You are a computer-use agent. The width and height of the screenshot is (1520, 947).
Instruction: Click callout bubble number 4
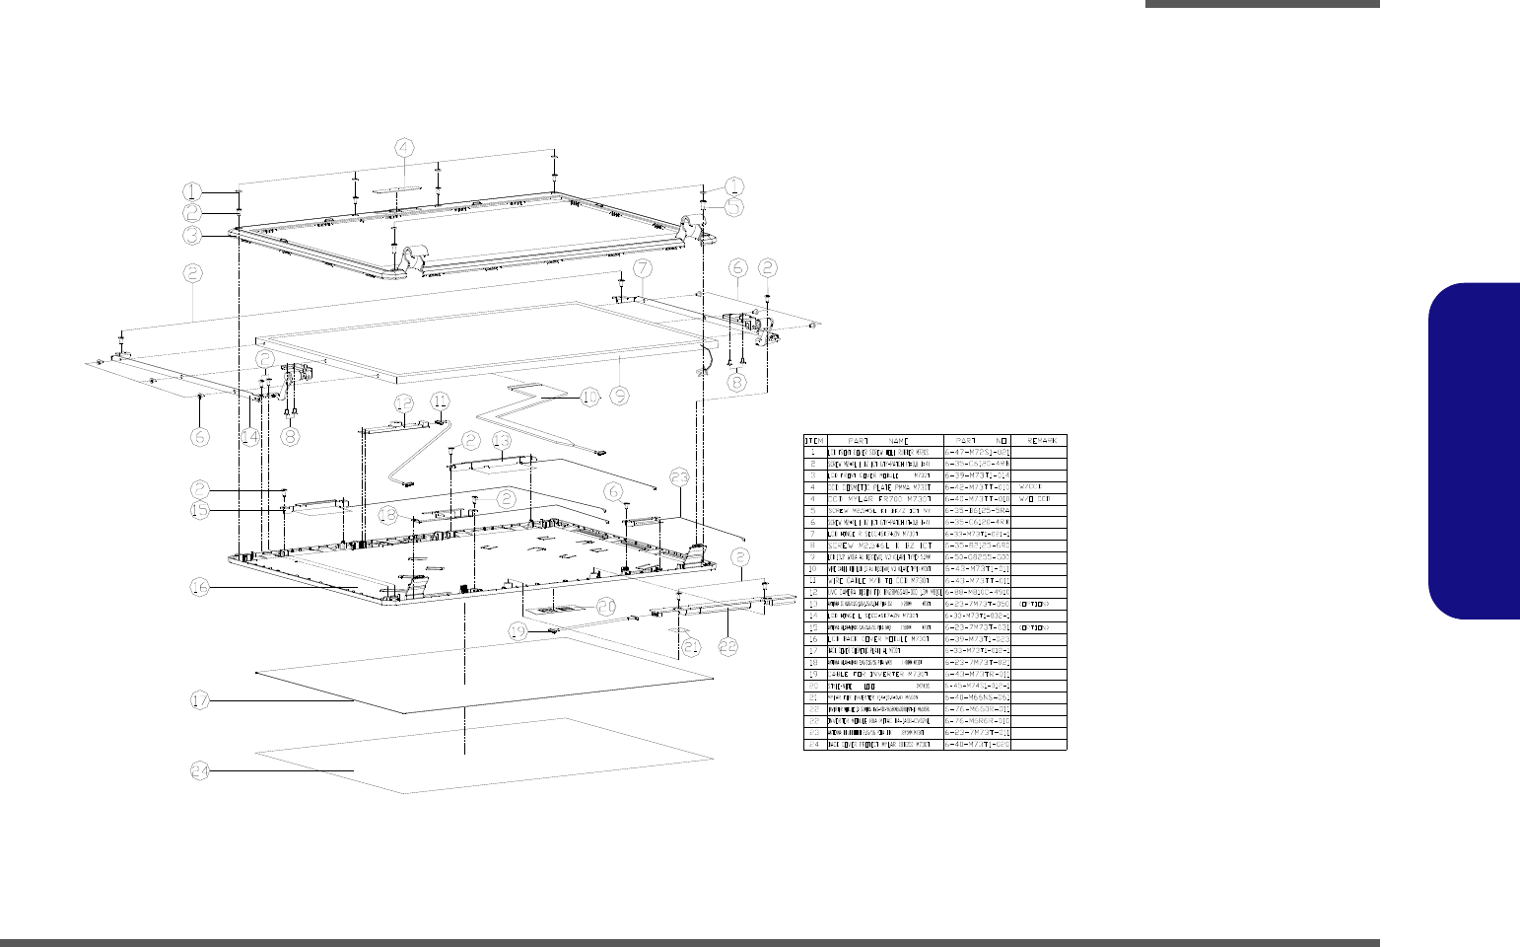pyautogui.click(x=405, y=148)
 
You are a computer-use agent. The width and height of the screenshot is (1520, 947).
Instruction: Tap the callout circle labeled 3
pyautogui.click(x=193, y=235)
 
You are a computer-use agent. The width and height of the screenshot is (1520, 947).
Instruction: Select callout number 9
pyautogui.click(x=619, y=396)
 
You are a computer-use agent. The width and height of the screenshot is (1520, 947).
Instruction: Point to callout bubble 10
pyautogui.click(x=588, y=397)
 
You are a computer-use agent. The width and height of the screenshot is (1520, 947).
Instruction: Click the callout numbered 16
pyautogui.click(x=200, y=587)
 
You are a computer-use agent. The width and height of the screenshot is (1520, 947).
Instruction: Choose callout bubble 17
pyautogui.click(x=200, y=700)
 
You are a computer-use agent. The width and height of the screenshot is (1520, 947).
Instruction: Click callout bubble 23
pyautogui.click(x=678, y=477)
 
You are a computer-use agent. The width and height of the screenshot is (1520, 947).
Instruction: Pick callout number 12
pyautogui.click(x=403, y=402)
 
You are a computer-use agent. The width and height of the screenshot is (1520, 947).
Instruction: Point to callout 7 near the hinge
pyautogui.click(x=642, y=268)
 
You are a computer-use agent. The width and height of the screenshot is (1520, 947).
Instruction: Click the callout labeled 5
pyautogui.click(x=733, y=207)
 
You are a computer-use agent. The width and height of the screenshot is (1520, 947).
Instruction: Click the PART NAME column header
pyautogui.click(x=884, y=440)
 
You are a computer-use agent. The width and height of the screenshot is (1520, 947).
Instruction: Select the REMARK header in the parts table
pyautogui.click(x=1040, y=440)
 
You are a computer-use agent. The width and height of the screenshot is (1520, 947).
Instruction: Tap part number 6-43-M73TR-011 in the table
pyautogui.click(x=978, y=674)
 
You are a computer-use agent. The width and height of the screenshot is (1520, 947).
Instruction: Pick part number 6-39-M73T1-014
pyautogui.click(x=978, y=474)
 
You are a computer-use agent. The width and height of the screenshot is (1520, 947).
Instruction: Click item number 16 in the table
pyautogui.click(x=814, y=638)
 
